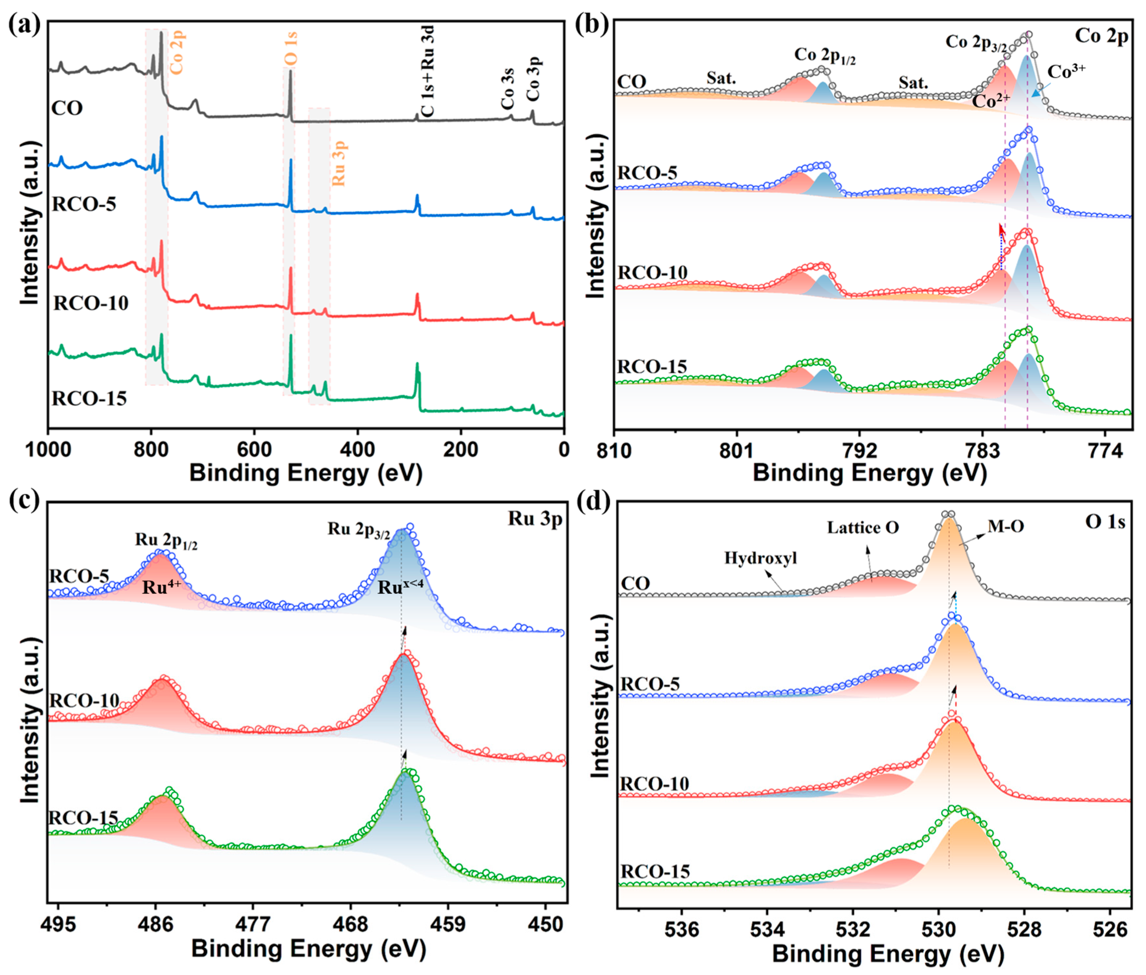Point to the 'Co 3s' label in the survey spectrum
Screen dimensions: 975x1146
click(x=507, y=88)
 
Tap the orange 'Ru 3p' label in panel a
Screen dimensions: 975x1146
click(x=338, y=164)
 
